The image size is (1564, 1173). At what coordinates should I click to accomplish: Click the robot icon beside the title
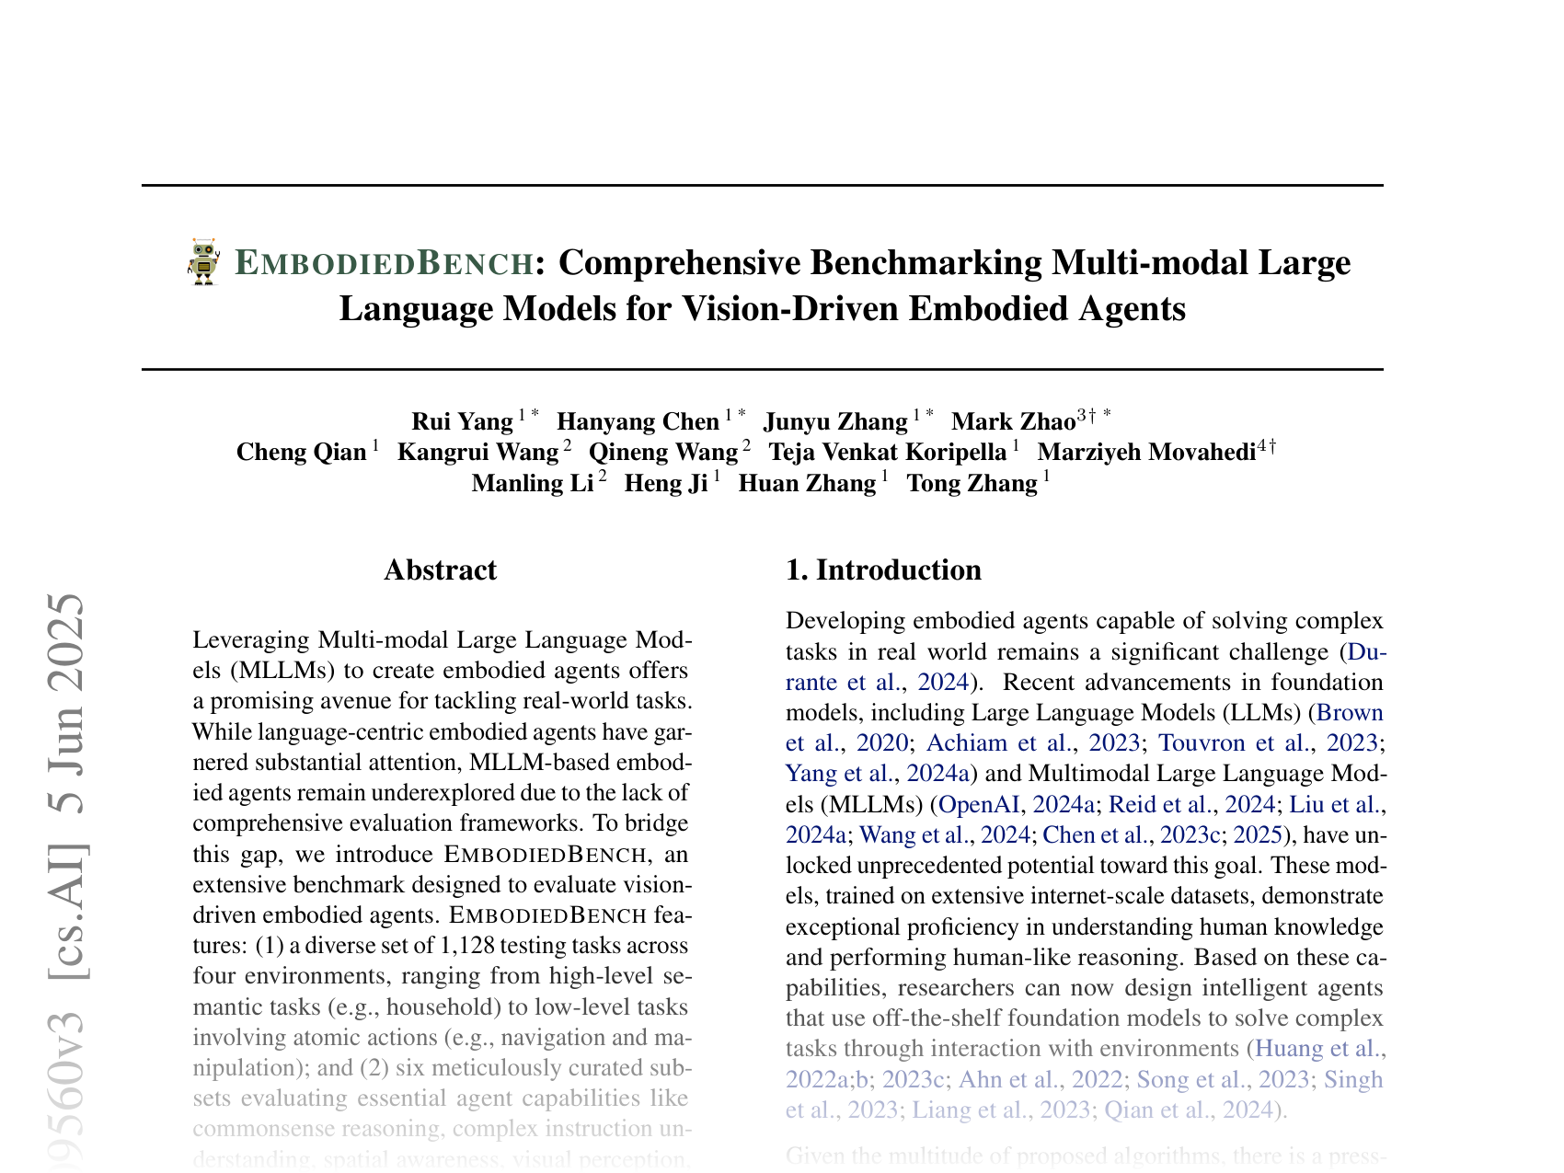[203, 262]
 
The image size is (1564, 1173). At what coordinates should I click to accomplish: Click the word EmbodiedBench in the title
[385, 264]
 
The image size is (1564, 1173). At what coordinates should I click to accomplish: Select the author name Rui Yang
[462, 422]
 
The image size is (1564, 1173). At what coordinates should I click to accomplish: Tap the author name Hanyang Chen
[638, 422]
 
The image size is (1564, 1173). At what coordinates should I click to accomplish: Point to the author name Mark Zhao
[1013, 422]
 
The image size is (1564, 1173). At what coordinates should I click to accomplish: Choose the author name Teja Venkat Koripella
[888, 453]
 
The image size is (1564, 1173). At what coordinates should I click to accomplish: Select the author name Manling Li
[533, 484]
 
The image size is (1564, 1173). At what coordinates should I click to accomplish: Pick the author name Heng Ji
[666, 484]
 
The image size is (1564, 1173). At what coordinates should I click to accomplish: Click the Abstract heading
[440, 570]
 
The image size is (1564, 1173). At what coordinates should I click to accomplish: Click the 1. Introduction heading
[883, 570]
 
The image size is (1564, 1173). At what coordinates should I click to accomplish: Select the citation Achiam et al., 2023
[1033, 743]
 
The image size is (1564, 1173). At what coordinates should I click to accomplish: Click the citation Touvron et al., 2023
[1267, 743]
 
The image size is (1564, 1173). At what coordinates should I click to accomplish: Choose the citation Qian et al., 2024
[1186, 1110]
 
